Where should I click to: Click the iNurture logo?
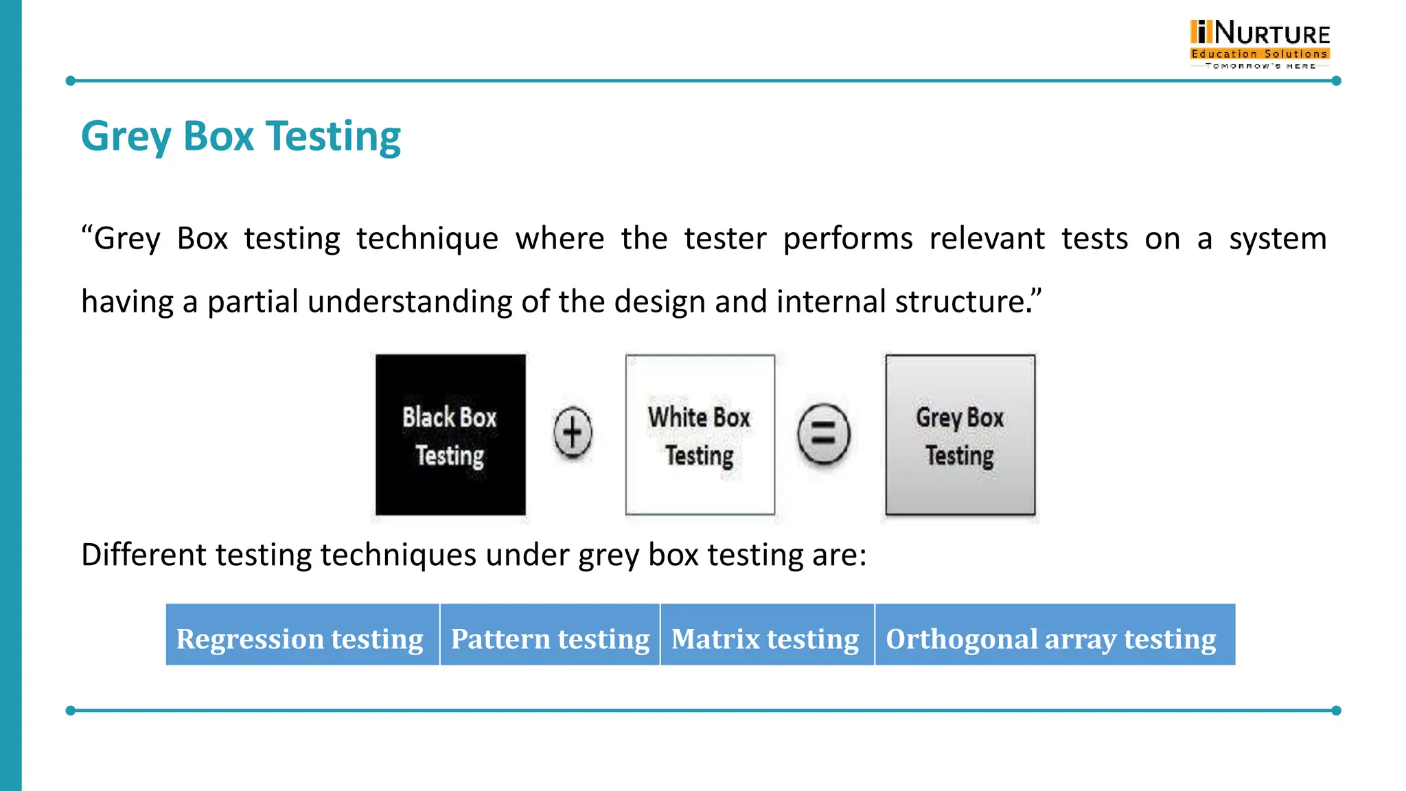click(x=1260, y=43)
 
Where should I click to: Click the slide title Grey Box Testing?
click(x=241, y=136)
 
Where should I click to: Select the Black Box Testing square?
click(x=450, y=435)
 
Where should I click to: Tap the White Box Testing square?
click(x=700, y=435)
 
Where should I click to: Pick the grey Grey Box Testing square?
click(x=960, y=435)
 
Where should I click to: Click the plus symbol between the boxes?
click(x=573, y=433)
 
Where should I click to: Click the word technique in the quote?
click(x=427, y=239)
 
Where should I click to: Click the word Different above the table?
click(x=143, y=554)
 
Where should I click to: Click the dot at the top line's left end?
click(x=70, y=81)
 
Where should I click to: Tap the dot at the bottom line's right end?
click(x=1336, y=711)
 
